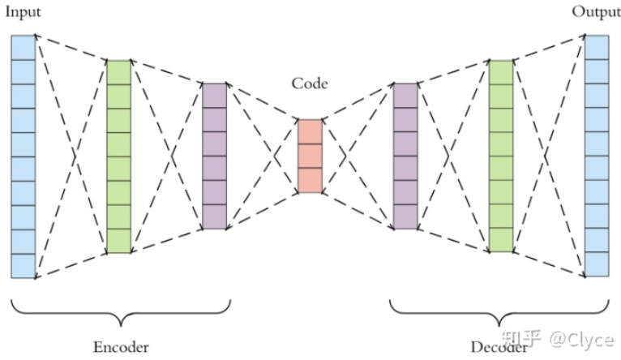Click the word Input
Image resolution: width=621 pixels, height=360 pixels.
tap(23, 12)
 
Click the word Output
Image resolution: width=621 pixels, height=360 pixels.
tap(596, 12)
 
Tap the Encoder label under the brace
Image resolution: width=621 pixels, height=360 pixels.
tap(121, 347)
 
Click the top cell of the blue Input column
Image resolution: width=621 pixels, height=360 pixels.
tap(24, 47)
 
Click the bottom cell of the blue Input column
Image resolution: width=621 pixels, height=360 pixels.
tap(24, 265)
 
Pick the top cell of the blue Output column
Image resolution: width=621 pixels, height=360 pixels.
tap(597, 47)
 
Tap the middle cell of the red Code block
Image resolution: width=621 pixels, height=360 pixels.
tap(310, 156)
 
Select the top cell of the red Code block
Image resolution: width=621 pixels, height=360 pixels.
tap(310, 131)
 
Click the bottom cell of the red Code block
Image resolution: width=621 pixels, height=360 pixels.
tap(310, 180)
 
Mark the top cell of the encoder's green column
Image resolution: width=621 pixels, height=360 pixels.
tap(118, 71)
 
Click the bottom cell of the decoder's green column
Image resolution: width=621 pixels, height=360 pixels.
tap(501, 240)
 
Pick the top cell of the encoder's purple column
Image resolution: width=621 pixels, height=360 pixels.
tap(214, 95)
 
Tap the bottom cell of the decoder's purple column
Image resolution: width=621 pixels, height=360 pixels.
tap(405, 216)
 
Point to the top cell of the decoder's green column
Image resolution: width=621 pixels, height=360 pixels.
tap(501, 71)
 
